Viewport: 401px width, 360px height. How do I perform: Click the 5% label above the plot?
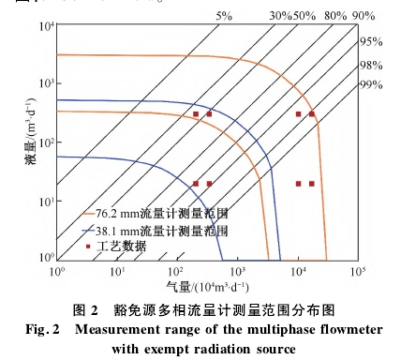(x=224, y=16)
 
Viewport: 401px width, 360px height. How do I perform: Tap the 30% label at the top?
(x=280, y=16)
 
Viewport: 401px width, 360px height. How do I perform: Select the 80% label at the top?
(x=334, y=16)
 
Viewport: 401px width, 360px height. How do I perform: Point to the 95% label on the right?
(x=371, y=41)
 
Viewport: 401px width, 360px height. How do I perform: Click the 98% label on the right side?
(x=371, y=65)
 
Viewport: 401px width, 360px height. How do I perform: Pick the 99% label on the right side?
(x=371, y=85)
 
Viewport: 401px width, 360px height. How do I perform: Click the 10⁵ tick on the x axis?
(x=357, y=272)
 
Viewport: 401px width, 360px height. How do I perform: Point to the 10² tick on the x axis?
(x=177, y=272)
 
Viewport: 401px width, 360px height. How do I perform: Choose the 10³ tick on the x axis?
(x=237, y=272)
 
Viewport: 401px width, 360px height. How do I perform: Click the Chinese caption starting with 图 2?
(x=203, y=309)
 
